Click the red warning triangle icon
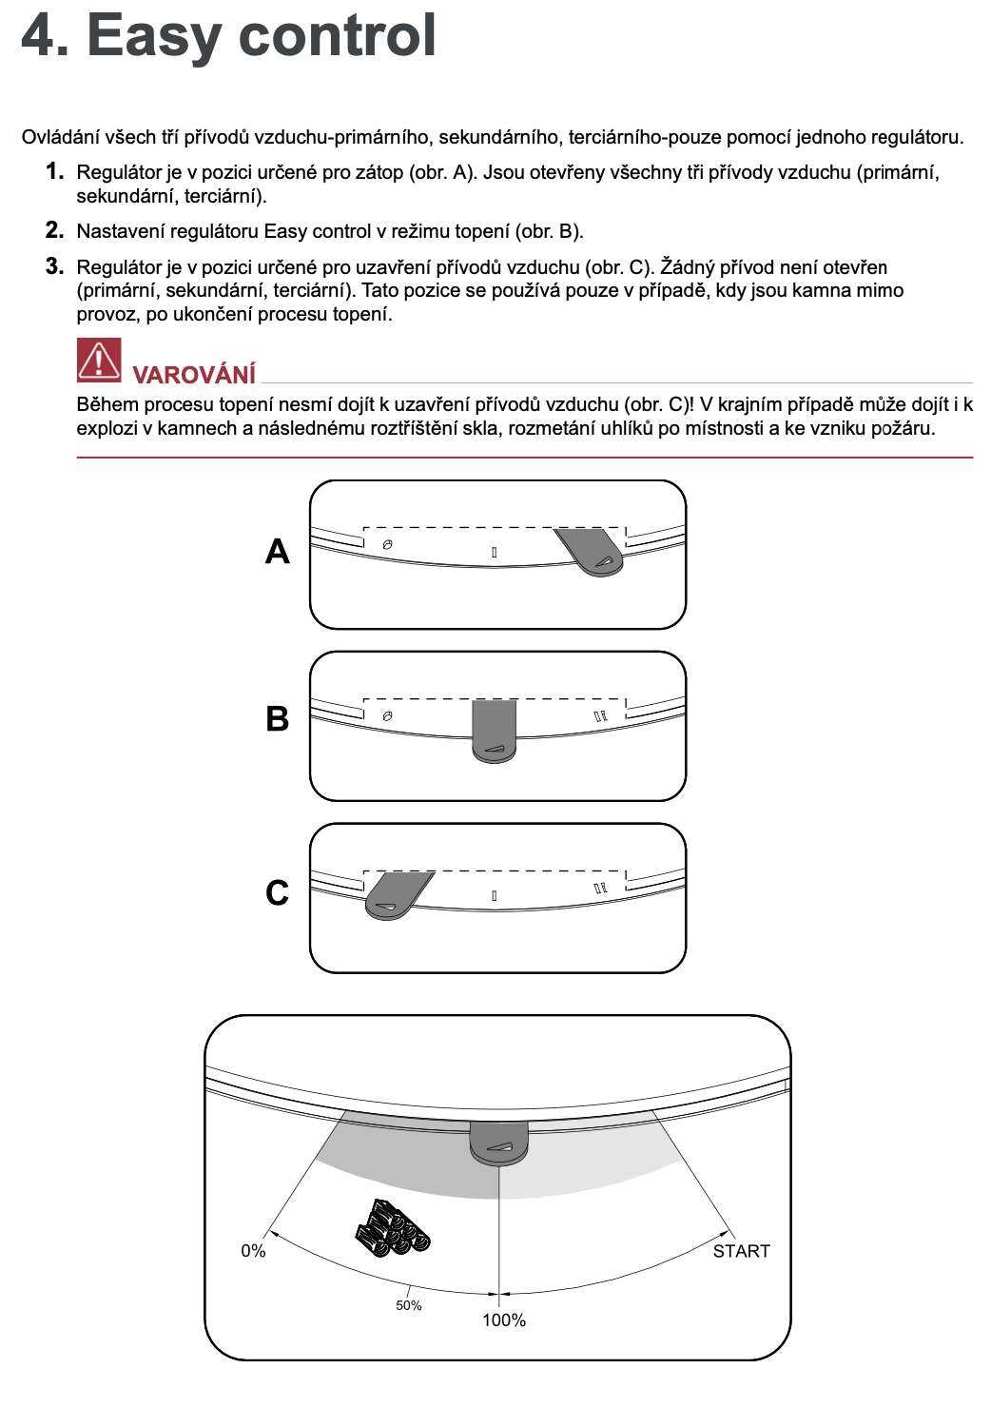click(x=99, y=361)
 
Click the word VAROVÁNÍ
click(x=194, y=375)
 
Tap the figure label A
click(x=277, y=552)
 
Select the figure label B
click(x=277, y=718)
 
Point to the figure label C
click(x=277, y=892)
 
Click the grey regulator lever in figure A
click(x=594, y=553)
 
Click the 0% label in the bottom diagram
click(x=253, y=1251)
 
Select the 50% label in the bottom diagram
click(x=409, y=1305)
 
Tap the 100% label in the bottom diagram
click(x=504, y=1320)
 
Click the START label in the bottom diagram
click(x=742, y=1251)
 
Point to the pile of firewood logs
click(x=392, y=1228)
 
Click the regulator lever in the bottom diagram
click(x=498, y=1142)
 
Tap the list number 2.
click(x=54, y=230)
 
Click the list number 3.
click(x=54, y=266)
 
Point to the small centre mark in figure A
click(x=495, y=552)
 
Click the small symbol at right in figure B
click(x=600, y=716)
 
